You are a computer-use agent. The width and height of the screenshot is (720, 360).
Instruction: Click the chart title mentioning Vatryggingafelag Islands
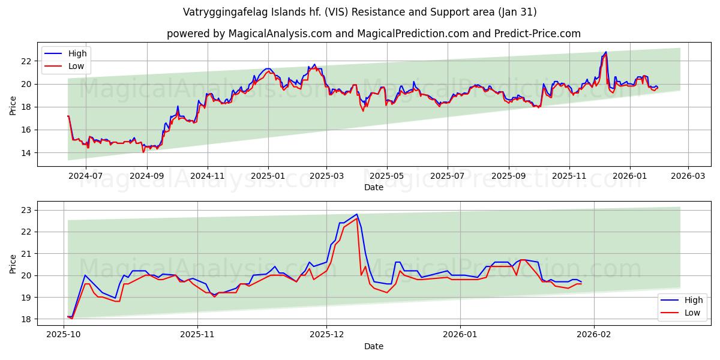(x=360, y=12)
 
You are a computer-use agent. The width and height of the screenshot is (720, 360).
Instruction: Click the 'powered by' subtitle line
(x=373, y=34)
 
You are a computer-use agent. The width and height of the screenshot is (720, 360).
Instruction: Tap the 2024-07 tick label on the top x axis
(x=85, y=176)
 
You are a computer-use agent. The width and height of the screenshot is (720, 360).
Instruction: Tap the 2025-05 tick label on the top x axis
(x=386, y=176)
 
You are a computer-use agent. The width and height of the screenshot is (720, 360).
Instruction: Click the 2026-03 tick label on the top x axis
(x=688, y=176)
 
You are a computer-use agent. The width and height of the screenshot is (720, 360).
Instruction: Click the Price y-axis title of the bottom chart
(x=13, y=264)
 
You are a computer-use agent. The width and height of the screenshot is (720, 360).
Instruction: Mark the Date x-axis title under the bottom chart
(x=373, y=346)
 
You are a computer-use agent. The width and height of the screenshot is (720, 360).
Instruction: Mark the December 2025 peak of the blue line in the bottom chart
(x=356, y=214)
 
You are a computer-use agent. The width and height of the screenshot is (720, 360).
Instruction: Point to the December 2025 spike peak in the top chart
(x=605, y=52)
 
